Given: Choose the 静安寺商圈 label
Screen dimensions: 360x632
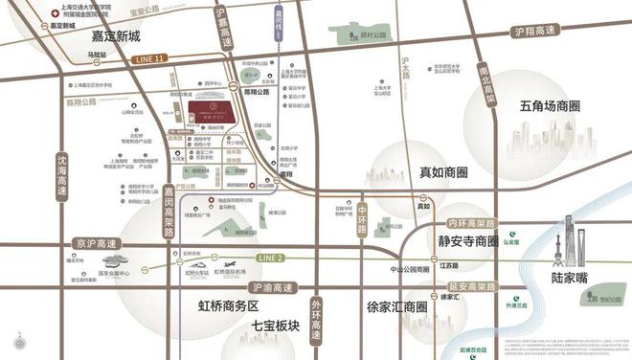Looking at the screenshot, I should (465, 240).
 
